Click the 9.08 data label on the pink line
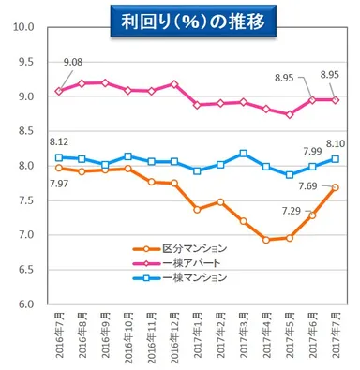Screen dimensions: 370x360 (74, 64)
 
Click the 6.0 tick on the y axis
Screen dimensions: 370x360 (25, 304)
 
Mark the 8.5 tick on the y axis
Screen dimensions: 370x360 (25, 131)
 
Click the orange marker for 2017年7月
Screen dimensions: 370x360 (335, 187)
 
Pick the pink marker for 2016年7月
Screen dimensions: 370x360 (60, 91)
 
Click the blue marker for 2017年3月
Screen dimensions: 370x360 (244, 153)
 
